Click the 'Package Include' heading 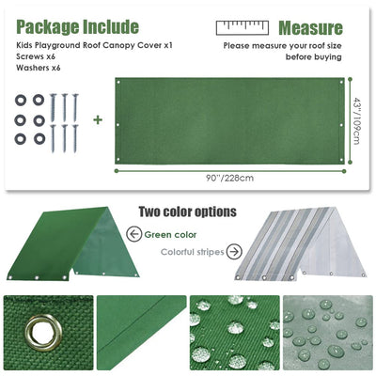pyautogui.click(x=77, y=27)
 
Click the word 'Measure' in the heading pyautogui.click(x=310, y=28)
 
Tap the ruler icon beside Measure pyautogui.click(x=243, y=27)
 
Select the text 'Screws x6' pyautogui.click(x=36, y=56)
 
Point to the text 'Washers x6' pyautogui.click(x=39, y=68)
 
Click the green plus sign pyautogui.click(x=98, y=119)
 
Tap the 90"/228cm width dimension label pyautogui.click(x=229, y=179)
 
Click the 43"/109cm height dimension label pyautogui.click(x=356, y=120)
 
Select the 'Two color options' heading pyautogui.click(x=187, y=211)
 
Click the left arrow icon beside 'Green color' pyautogui.click(x=134, y=234)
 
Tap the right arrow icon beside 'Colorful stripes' pyautogui.click(x=234, y=252)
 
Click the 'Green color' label pyautogui.click(x=170, y=235)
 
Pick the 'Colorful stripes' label pyautogui.click(x=193, y=252)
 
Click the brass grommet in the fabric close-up pyautogui.click(x=43, y=333)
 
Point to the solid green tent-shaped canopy pyautogui.click(x=72, y=243)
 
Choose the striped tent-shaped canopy pyautogui.click(x=300, y=243)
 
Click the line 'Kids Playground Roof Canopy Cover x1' pyautogui.click(x=94, y=45)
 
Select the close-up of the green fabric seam pyautogui.click(x=141, y=333)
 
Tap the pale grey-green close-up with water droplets pyautogui.click(x=328, y=333)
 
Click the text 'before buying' pyautogui.click(x=313, y=57)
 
